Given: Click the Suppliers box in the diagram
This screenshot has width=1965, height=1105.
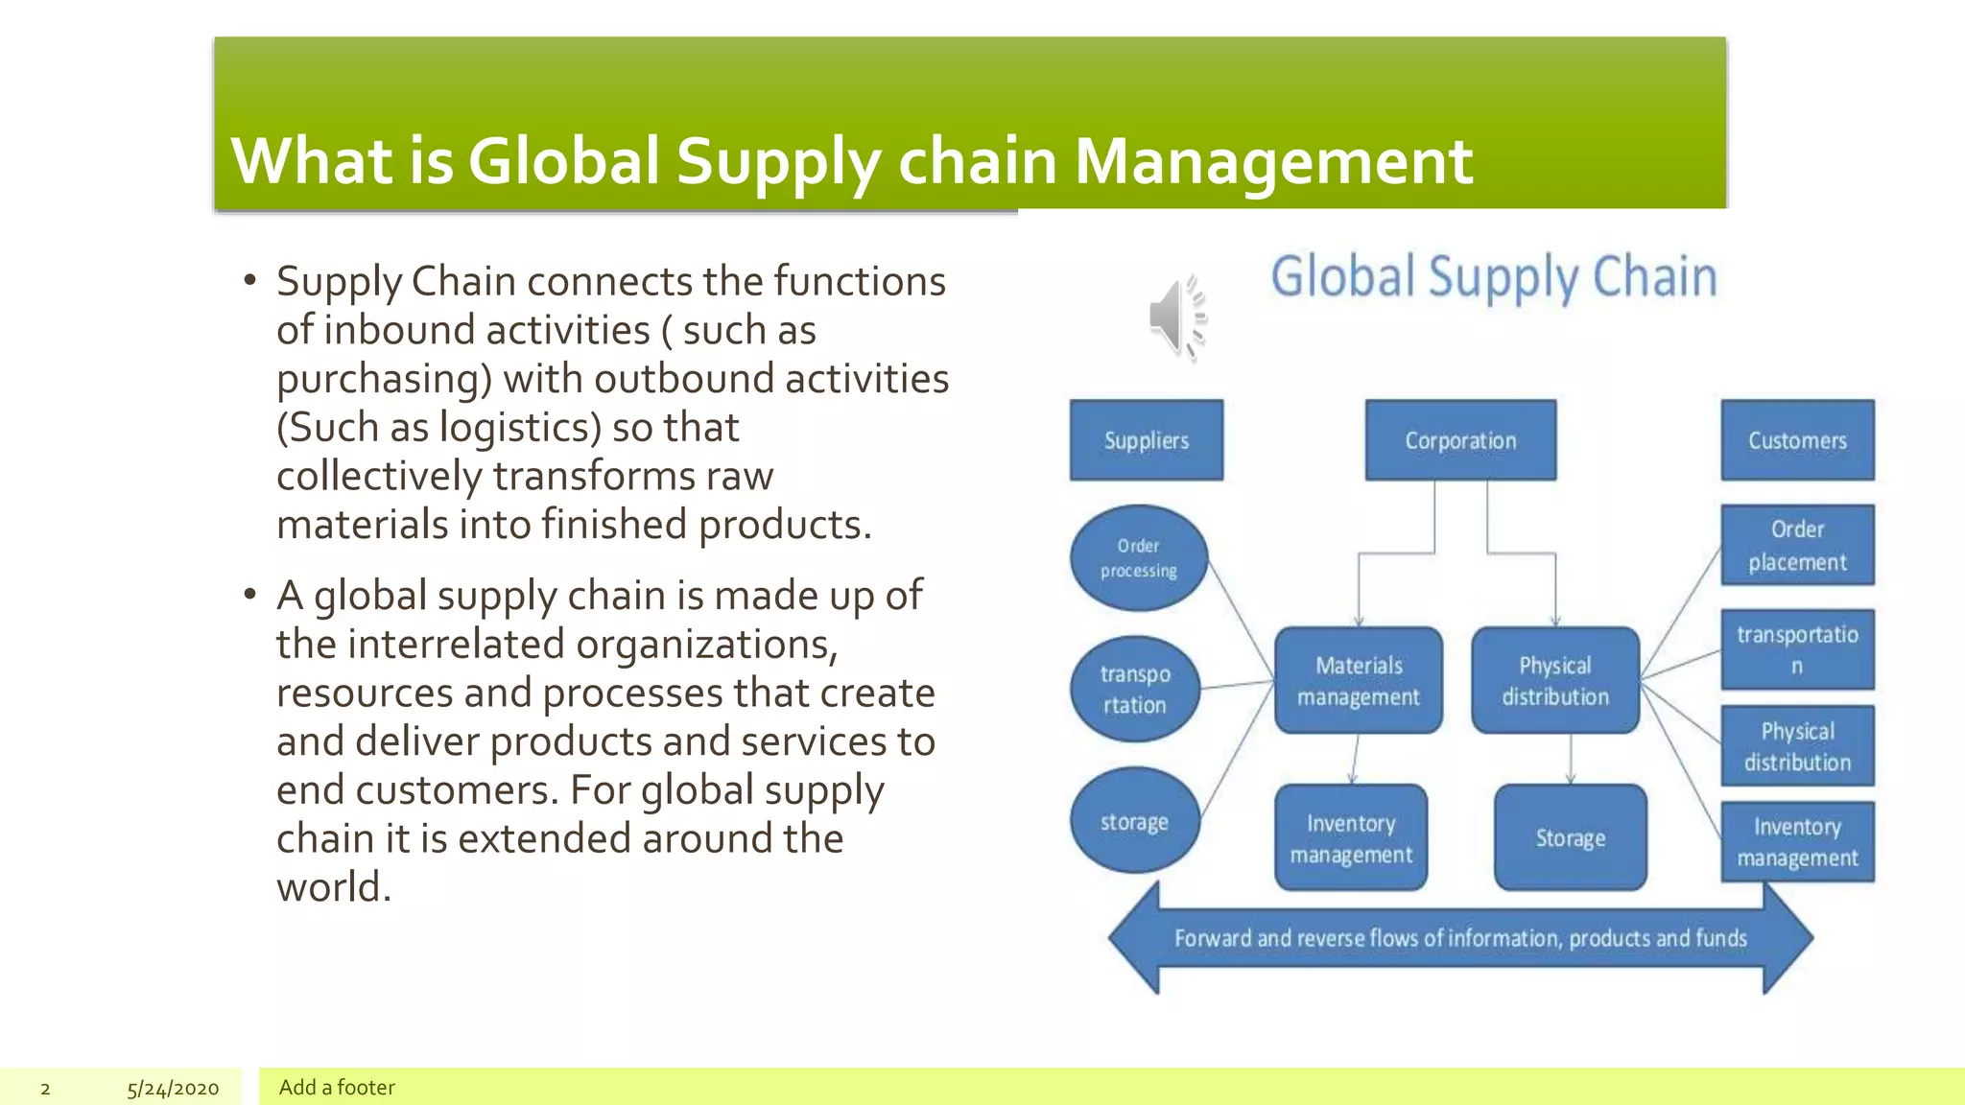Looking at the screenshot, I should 1146,440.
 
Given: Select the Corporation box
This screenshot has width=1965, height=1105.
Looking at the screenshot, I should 1460,440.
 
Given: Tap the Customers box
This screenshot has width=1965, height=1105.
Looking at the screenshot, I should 1796,440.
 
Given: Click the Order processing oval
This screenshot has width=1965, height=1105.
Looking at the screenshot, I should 1138,558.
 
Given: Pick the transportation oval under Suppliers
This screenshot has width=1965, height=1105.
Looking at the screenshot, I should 1134,689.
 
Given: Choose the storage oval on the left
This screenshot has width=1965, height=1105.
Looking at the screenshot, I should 1134,821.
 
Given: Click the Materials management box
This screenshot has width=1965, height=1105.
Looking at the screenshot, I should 1358,681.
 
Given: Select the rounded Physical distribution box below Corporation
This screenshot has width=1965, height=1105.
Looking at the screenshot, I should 1554,681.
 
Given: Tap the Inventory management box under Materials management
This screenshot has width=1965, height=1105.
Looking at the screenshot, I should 1350,838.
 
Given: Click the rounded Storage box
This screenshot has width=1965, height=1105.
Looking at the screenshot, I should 1570,838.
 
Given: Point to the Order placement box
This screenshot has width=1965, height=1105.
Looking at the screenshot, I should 1796,545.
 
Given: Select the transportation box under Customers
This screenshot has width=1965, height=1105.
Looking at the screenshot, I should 1796,649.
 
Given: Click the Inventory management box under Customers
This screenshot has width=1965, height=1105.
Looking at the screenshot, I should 1796,842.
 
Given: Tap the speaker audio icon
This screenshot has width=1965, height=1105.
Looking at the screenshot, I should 1177,317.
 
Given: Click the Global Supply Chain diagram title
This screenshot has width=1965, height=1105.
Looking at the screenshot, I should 1493,277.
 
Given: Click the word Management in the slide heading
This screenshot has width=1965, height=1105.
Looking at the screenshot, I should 1272,161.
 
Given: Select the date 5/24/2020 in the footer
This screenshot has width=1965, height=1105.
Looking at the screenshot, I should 173,1089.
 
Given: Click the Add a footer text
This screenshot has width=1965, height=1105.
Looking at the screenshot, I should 337,1088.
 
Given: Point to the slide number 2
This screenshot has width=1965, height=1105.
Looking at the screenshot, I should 45,1089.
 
